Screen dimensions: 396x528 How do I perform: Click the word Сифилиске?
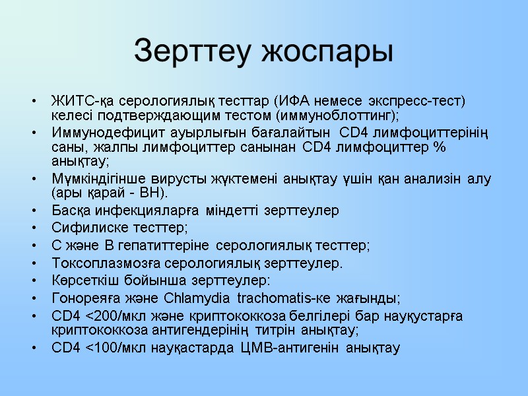[80, 228]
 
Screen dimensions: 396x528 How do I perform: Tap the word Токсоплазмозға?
[96, 263]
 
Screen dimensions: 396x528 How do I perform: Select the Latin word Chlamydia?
[202, 297]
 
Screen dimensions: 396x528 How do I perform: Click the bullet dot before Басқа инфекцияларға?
[34, 211]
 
